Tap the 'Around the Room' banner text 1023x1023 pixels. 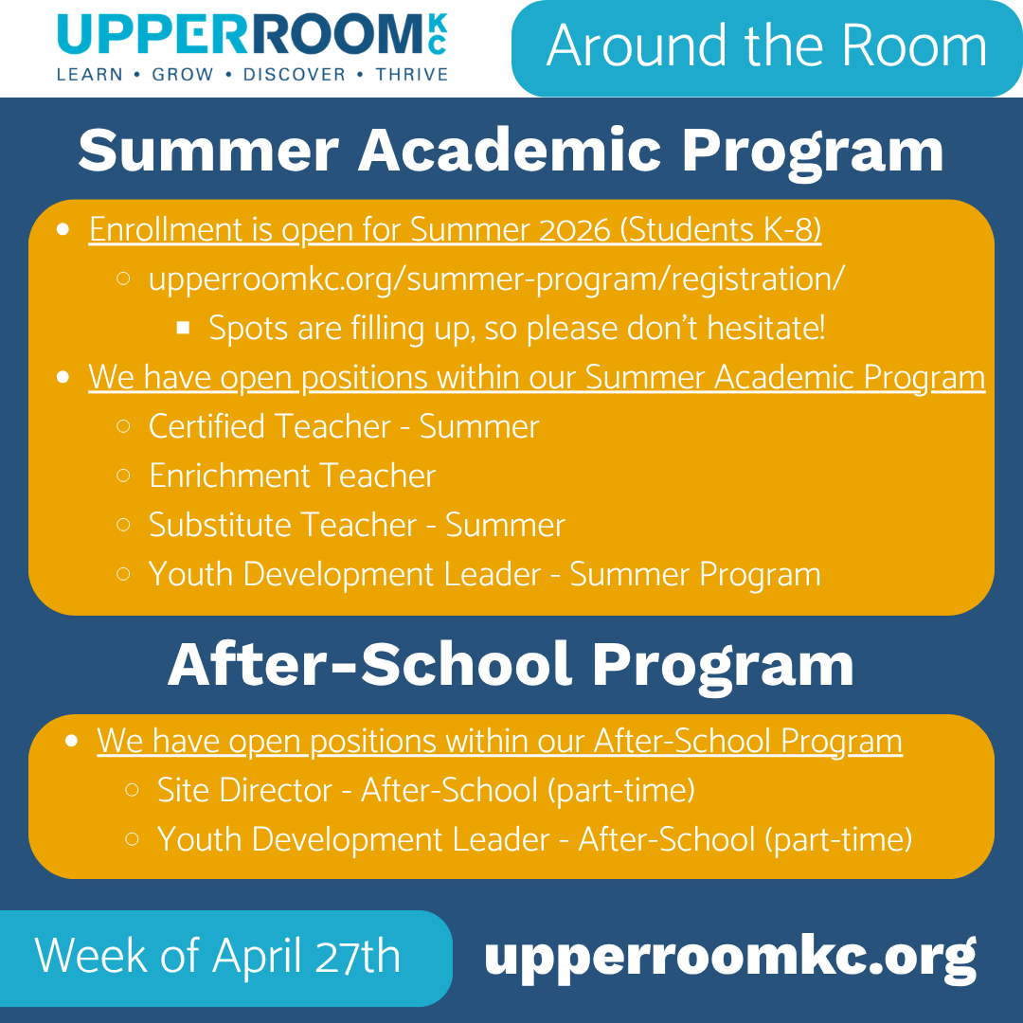coord(766,46)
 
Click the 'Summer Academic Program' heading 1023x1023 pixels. coord(511,151)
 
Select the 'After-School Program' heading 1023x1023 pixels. coord(511,665)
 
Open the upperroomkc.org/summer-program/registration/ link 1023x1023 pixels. coord(496,279)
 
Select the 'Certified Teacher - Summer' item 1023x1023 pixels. coord(343,427)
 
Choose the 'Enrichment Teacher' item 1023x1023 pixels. coord(292,476)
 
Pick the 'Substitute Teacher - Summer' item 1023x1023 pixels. coord(356,525)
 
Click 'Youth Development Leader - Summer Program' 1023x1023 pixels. coord(484,575)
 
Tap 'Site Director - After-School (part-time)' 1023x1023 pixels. coord(426,790)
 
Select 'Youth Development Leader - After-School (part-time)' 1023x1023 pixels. coord(534,839)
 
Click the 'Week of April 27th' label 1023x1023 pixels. coord(218,957)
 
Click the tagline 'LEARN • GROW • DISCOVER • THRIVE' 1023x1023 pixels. coord(252,74)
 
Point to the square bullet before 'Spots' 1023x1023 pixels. coord(184,328)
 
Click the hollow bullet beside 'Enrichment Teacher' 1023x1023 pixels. coord(123,476)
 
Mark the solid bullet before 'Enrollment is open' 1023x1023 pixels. coord(63,229)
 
